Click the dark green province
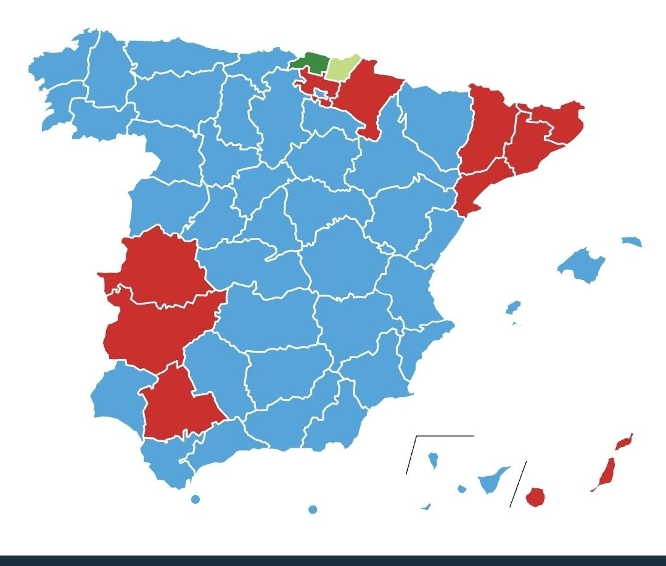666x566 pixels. tap(310, 63)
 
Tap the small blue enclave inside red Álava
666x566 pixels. tap(320, 94)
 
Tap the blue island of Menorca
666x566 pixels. tap(632, 241)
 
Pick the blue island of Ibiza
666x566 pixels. tap(512, 307)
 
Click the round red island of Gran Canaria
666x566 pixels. tap(535, 496)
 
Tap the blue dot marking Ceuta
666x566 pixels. tap(195, 499)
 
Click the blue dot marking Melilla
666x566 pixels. tap(313, 509)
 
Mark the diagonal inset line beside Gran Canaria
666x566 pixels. tap(518, 484)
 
